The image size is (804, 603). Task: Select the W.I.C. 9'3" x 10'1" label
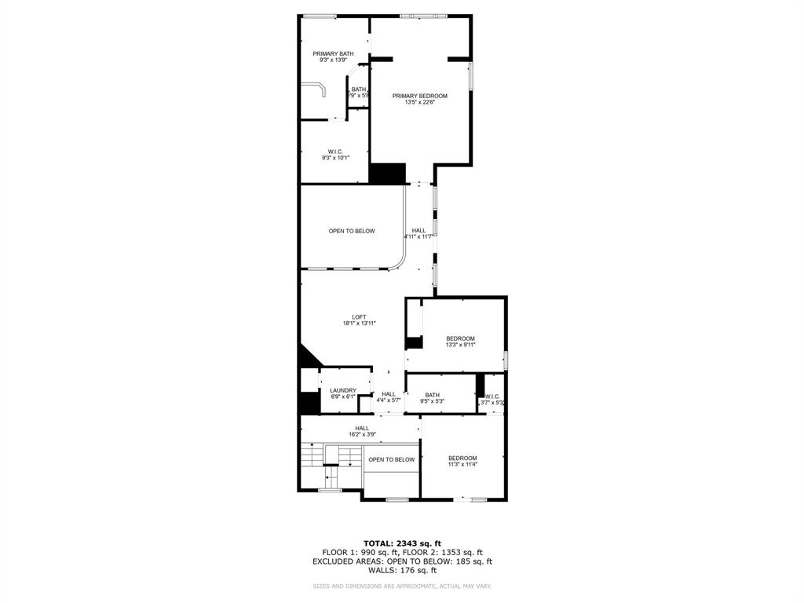click(335, 155)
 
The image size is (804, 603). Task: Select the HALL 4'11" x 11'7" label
click(418, 233)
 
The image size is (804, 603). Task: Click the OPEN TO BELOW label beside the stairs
click(391, 459)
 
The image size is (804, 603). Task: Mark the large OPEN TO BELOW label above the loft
click(352, 231)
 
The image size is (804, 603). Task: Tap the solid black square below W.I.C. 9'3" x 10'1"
click(387, 174)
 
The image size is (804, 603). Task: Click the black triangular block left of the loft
click(307, 358)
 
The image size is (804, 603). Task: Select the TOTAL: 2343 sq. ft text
click(402, 543)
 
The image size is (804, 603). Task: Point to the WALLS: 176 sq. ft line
click(402, 571)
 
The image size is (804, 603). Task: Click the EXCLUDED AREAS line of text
click(402, 561)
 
